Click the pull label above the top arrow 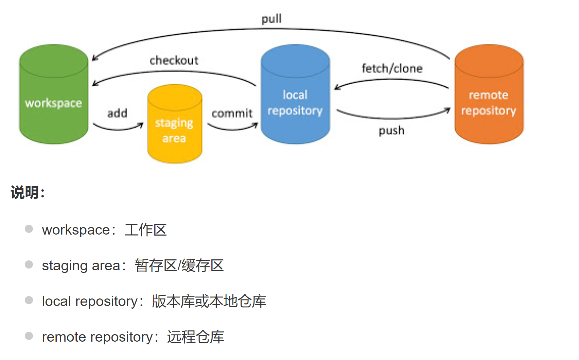(x=271, y=19)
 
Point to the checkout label (x=174, y=61)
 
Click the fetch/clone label (x=392, y=68)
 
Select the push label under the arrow (x=391, y=131)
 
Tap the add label (x=117, y=113)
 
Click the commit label (x=232, y=113)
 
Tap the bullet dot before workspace (x=29, y=229)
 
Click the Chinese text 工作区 (x=145, y=230)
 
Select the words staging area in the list (x=81, y=266)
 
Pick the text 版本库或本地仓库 (x=209, y=302)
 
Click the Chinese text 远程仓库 (x=195, y=337)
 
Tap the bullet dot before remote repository (x=29, y=336)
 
